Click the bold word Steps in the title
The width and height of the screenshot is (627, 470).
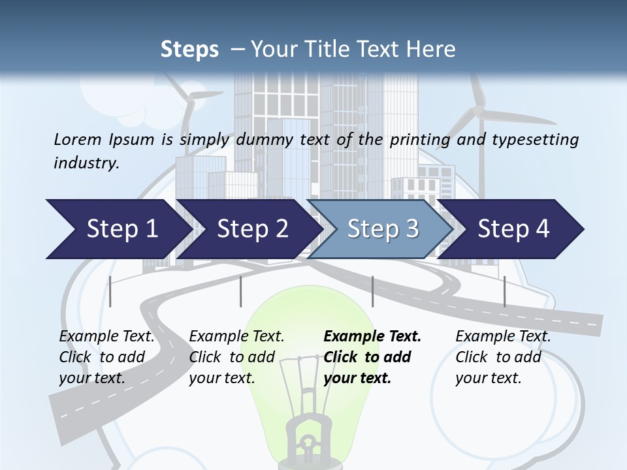pos(189,50)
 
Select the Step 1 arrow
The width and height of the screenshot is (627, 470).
pos(119,229)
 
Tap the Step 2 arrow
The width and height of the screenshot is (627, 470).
pos(249,229)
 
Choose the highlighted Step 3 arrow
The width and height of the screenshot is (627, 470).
pos(380,229)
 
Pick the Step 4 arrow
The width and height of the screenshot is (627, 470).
pos(510,229)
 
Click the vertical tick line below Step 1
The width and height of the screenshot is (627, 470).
pos(110,291)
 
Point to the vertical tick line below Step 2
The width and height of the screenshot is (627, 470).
pos(241,291)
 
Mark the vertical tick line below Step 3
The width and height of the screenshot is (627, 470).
pos(372,291)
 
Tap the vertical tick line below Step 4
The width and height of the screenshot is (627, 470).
pos(504,291)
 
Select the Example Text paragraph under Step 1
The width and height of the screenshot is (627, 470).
pos(106,357)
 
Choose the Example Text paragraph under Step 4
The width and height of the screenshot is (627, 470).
pos(503,357)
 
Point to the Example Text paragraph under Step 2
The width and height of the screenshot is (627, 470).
pos(236,357)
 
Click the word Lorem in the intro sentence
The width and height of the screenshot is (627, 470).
pos(78,140)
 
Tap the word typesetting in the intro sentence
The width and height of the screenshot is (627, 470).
pos(536,140)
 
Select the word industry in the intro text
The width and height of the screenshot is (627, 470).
pos(87,163)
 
